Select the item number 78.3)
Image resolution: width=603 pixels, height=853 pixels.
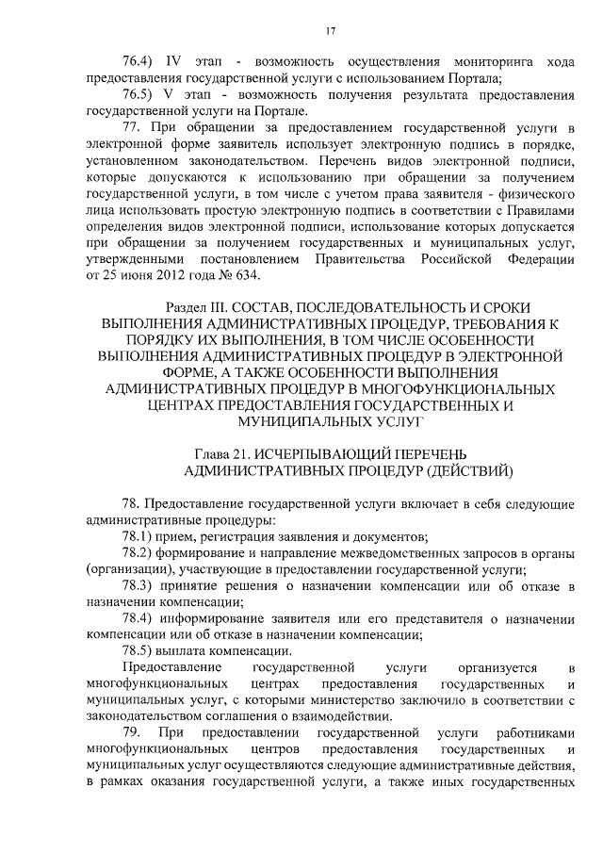[x=143, y=586]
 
